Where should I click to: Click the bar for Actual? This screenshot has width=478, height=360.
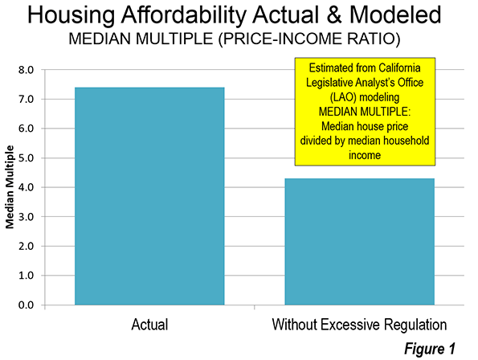click(x=149, y=196)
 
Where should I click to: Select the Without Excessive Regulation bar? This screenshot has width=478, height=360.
click(x=360, y=241)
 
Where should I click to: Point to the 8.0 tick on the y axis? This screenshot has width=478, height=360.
click(x=26, y=70)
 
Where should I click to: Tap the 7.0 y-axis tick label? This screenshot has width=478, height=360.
click(x=26, y=99)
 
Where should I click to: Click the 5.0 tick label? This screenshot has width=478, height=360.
click(x=26, y=157)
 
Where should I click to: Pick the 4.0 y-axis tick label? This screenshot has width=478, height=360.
click(x=26, y=187)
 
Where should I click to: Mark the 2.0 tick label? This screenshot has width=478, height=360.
click(x=26, y=246)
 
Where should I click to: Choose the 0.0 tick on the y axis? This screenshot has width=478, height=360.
click(x=26, y=305)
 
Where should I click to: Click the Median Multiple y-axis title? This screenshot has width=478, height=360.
click(x=10, y=187)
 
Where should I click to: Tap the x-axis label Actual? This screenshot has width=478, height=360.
click(x=149, y=325)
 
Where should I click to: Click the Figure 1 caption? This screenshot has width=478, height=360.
click(x=430, y=349)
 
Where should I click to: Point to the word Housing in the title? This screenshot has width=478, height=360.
click(x=71, y=15)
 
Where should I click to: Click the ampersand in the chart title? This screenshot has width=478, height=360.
click(x=334, y=14)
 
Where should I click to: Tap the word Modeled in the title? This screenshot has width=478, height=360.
click(x=395, y=14)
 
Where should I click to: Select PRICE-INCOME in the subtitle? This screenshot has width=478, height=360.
click(x=276, y=39)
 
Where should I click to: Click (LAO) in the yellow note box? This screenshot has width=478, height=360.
click(x=343, y=97)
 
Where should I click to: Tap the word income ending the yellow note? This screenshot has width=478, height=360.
click(x=365, y=155)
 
